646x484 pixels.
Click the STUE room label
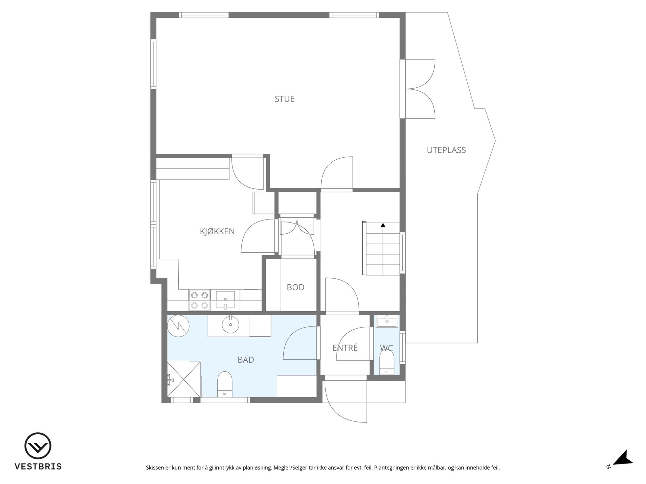pyautogui.click(x=285, y=99)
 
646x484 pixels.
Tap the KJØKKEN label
pyautogui.click(x=217, y=231)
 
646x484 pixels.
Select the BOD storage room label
pyautogui.click(x=295, y=287)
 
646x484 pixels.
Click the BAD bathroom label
pyautogui.click(x=246, y=360)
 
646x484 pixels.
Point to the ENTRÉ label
pyautogui.click(x=345, y=348)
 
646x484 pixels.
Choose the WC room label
pyautogui.click(x=386, y=348)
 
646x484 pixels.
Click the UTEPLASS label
pyautogui.click(x=446, y=150)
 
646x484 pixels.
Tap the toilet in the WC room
pyautogui.click(x=387, y=362)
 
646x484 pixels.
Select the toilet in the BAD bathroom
pyautogui.click(x=225, y=384)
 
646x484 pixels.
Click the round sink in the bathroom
pyautogui.click(x=230, y=325)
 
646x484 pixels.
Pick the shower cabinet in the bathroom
pyautogui.click(x=184, y=379)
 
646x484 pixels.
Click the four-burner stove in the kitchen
pyautogui.click(x=199, y=300)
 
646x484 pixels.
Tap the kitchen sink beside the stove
pyautogui.click(x=225, y=300)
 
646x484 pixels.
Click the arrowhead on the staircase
pyautogui.click(x=383, y=225)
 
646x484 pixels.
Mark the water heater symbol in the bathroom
pyautogui.click(x=178, y=326)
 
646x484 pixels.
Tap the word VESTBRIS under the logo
pyautogui.click(x=38, y=467)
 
